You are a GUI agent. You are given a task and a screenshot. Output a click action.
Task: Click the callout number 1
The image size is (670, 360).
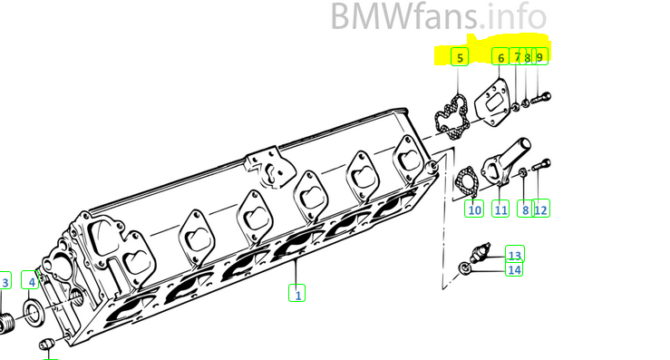coord(297,294)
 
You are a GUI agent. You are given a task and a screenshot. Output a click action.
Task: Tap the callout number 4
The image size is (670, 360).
coord(31,281)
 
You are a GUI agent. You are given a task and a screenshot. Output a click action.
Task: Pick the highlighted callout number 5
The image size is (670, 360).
coord(460,57)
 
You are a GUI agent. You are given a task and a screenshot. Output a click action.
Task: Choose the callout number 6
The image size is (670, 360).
coord(500,57)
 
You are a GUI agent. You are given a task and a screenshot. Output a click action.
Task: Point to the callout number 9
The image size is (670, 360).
coord(539,57)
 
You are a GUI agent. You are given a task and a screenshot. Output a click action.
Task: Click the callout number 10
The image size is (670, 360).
coord(474,209)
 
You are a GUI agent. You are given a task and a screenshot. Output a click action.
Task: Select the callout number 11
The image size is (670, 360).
coord(500,209)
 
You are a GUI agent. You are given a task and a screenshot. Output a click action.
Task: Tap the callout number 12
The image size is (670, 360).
coord(541,209)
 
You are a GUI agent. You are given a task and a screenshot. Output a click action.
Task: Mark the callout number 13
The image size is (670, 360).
coord(515,255)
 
